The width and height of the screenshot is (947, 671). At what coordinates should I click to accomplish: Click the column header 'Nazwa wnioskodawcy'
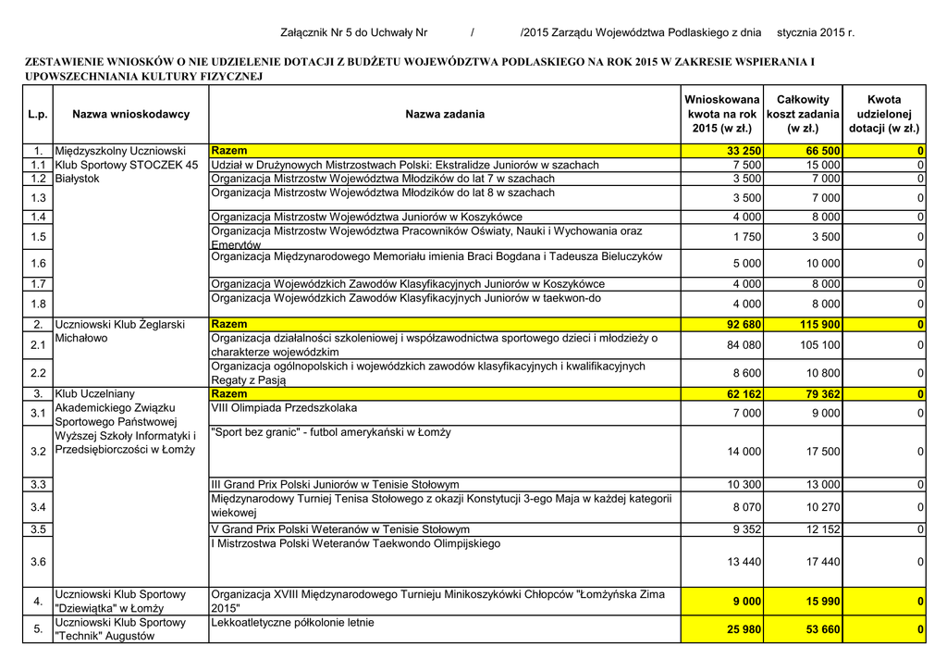pyautogui.click(x=130, y=114)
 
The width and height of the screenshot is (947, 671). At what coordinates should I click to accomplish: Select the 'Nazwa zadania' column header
pyautogui.click(x=445, y=114)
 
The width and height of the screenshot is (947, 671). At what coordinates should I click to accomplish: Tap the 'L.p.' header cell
pyautogui.click(x=38, y=114)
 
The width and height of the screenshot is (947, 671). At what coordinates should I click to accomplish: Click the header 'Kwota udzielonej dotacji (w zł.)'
pyautogui.click(x=884, y=114)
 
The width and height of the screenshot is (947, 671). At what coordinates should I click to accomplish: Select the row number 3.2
pyautogui.click(x=38, y=452)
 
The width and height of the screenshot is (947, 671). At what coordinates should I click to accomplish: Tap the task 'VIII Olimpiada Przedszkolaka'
pyautogui.click(x=284, y=408)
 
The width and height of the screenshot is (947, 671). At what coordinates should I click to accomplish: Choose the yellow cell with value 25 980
pyautogui.click(x=744, y=629)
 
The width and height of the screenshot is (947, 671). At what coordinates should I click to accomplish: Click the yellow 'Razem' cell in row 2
pyautogui.click(x=229, y=325)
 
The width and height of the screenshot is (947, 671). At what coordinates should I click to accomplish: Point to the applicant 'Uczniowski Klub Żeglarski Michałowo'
pyautogui.click(x=120, y=331)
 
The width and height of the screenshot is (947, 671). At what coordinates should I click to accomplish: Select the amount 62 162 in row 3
pyautogui.click(x=744, y=394)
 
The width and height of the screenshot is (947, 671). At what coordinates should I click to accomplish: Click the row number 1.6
pyautogui.click(x=38, y=263)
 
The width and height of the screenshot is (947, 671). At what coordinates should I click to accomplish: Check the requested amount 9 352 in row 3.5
pyautogui.click(x=744, y=529)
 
